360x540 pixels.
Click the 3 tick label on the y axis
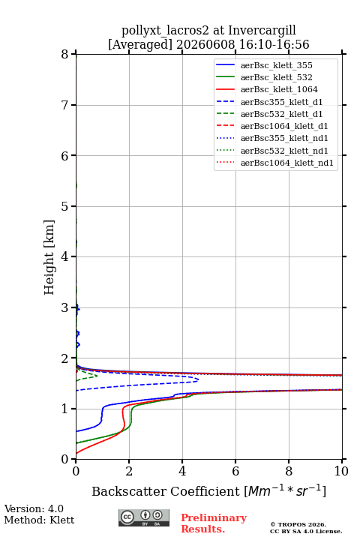[x=64, y=307]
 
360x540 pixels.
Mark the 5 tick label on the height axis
[x=64, y=206]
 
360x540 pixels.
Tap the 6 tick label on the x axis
[x=235, y=471]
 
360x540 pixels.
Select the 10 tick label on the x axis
[x=342, y=471]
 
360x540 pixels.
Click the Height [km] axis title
[x=49, y=257]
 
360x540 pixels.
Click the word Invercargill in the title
[x=262, y=30]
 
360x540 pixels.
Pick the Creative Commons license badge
[x=144, y=517]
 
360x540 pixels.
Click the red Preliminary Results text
[x=214, y=523]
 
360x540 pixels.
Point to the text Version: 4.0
[x=34, y=508]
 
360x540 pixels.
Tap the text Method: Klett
[x=39, y=520]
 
